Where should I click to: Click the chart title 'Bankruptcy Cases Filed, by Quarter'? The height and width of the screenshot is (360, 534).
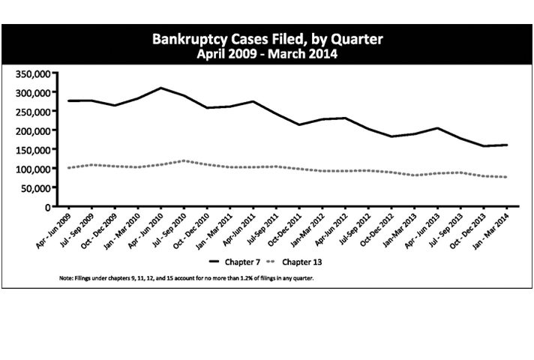(x=267, y=39)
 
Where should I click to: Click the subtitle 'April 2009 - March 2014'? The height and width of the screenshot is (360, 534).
(x=267, y=54)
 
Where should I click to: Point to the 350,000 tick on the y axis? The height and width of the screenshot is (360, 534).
(x=31, y=73)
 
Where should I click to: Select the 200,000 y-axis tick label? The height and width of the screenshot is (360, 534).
(x=31, y=130)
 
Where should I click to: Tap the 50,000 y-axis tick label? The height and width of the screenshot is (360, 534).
(x=34, y=187)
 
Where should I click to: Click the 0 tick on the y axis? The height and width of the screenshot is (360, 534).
(x=46, y=206)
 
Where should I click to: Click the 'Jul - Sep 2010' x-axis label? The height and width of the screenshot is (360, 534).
(x=166, y=229)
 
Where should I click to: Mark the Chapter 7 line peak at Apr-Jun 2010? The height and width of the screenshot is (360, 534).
(x=160, y=88)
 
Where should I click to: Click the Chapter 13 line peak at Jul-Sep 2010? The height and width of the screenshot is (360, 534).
(x=184, y=160)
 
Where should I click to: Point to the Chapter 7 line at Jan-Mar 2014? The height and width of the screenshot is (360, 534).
(x=507, y=145)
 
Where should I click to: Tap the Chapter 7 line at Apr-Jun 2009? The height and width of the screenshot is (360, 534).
(x=69, y=100)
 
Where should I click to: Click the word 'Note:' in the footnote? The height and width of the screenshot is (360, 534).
(x=65, y=278)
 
